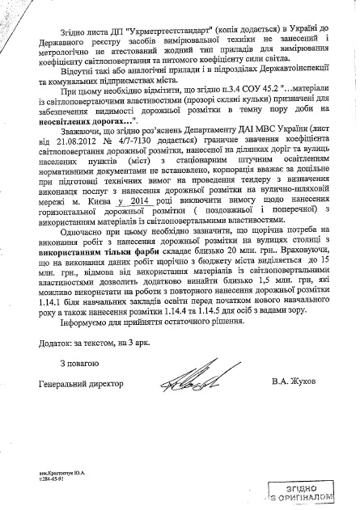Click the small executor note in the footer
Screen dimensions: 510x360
click(x=65, y=475)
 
